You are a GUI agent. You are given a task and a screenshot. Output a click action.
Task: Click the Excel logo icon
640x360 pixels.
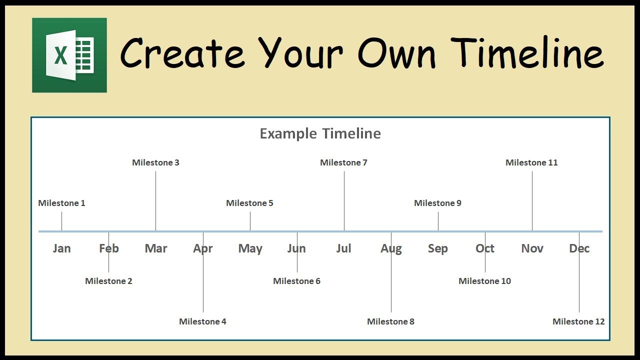tap(69, 55)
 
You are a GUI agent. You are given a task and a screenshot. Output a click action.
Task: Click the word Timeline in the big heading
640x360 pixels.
tap(527, 52)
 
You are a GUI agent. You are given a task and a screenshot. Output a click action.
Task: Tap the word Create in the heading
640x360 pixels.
tap(182, 53)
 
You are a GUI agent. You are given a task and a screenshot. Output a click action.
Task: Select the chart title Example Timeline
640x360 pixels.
tap(320, 133)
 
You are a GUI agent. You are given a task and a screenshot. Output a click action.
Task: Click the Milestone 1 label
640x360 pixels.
tap(61, 203)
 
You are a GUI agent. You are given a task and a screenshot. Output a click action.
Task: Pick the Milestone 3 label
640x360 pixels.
tap(155, 162)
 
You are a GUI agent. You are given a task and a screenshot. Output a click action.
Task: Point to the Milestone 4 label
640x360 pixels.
tap(202, 321)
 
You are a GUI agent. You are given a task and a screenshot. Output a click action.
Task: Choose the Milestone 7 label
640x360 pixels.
tap(343, 162)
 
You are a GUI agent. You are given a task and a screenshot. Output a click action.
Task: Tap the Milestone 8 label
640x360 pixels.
tap(390, 321)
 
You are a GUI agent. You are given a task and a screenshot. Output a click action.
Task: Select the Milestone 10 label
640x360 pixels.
tap(485, 281)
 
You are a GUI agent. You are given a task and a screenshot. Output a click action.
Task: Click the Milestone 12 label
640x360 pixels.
tap(578, 321)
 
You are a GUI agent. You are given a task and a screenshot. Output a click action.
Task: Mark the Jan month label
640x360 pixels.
tap(61, 248)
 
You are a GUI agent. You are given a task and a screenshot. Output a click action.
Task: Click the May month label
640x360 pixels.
tap(250, 249)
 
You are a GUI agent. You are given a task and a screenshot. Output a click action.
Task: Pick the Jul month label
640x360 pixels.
tap(343, 248)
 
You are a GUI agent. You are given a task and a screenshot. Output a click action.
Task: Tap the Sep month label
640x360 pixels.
tap(438, 249)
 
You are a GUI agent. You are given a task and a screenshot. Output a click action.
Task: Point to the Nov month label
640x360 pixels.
tap(532, 248)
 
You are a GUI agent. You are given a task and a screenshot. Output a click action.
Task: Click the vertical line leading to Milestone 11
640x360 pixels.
tap(532, 201)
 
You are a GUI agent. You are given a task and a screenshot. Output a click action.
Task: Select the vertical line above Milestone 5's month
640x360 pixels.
tap(250, 221)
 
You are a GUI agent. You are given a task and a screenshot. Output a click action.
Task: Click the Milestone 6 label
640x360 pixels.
tap(297, 281)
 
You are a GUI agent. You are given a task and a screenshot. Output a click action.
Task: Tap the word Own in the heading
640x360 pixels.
tap(396, 53)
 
